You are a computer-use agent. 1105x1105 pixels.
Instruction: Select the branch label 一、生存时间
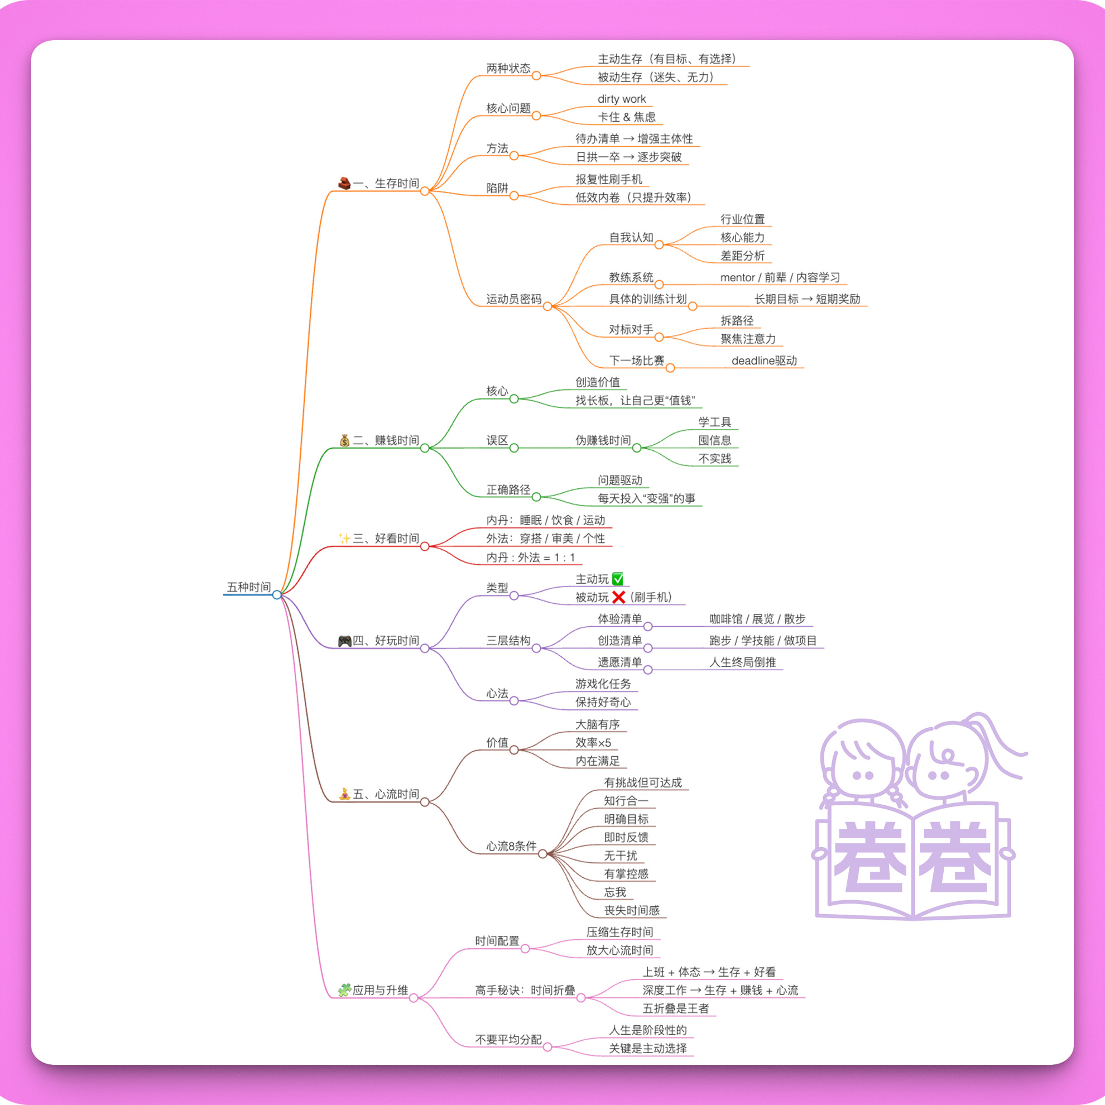[x=386, y=184]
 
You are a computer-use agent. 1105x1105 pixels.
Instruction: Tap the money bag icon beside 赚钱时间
[x=344, y=440]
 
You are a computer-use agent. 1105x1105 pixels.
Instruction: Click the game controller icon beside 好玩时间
[x=345, y=641]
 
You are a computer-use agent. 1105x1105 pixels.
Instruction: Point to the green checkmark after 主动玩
[x=618, y=579]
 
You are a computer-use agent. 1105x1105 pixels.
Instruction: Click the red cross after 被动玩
[x=618, y=598]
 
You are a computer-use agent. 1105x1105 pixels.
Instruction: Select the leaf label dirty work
[x=622, y=99]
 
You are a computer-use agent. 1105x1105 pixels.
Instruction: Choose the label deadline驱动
[x=764, y=361]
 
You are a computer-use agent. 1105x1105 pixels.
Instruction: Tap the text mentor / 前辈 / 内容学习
[x=780, y=278]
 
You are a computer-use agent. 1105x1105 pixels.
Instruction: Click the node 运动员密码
[x=513, y=299]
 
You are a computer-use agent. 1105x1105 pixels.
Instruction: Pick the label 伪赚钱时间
[x=603, y=440]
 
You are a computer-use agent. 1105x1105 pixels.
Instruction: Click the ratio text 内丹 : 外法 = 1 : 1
[x=531, y=558]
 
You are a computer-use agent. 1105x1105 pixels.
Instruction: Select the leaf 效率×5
[x=593, y=743]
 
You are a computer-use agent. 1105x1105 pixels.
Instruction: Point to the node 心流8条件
[x=511, y=847]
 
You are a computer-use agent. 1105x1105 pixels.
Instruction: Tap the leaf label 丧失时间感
[x=632, y=911]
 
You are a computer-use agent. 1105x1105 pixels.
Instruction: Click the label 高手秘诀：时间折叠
[x=525, y=991]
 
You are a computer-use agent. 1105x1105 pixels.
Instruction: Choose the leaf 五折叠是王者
[x=675, y=1008]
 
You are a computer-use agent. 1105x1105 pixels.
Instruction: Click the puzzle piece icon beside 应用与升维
[x=344, y=990]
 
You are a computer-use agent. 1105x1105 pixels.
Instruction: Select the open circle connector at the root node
[x=277, y=595]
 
